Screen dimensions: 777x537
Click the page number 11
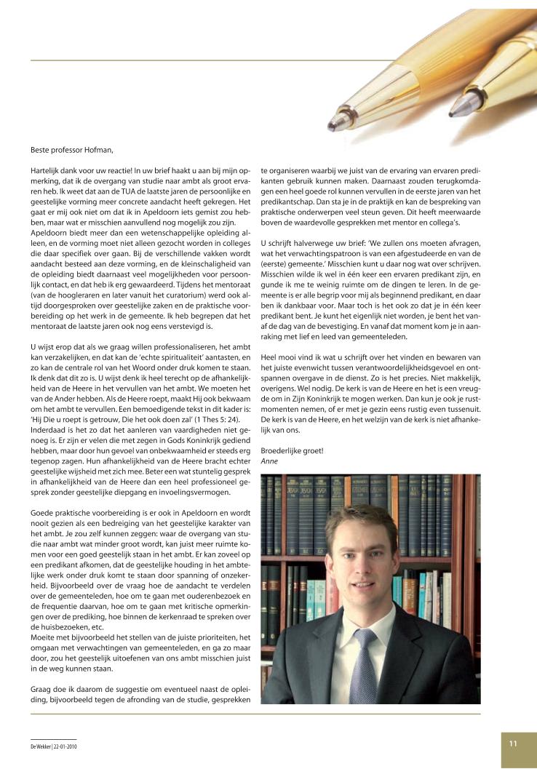[513, 743]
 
